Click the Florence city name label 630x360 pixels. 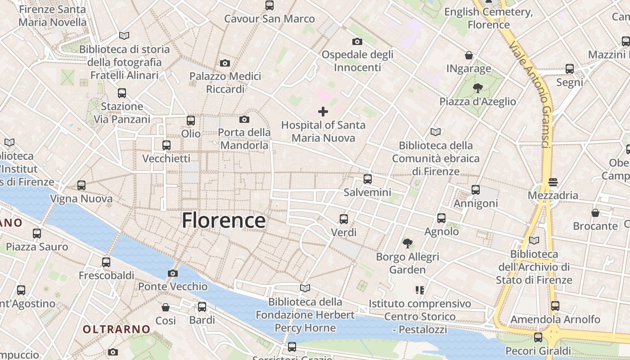tap(224, 220)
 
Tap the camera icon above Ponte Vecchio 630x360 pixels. tap(172, 273)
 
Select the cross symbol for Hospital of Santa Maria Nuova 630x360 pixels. tap(323, 112)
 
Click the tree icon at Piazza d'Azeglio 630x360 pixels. tap(477, 88)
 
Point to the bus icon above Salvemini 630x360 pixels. tap(368, 179)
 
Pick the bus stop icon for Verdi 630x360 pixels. tap(344, 219)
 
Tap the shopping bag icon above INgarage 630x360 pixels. tap(469, 55)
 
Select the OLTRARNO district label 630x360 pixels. tap(116, 329)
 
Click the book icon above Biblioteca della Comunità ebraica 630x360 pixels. tap(436, 132)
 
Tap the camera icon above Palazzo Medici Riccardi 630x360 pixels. tap(225, 63)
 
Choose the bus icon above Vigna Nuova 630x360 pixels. tap(81, 185)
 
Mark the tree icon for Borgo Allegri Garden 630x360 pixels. tap(408, 243)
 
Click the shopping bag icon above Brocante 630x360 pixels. tap(595, 212)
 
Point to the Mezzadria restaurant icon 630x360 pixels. tap(553, 182)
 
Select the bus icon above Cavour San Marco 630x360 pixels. tap(270, 5)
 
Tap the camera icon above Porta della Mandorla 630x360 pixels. tap(244, 119)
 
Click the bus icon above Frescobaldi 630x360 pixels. tap(106, 262)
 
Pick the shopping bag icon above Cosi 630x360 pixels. tap(166, 307)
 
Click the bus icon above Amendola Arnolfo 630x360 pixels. tap(555, 306)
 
